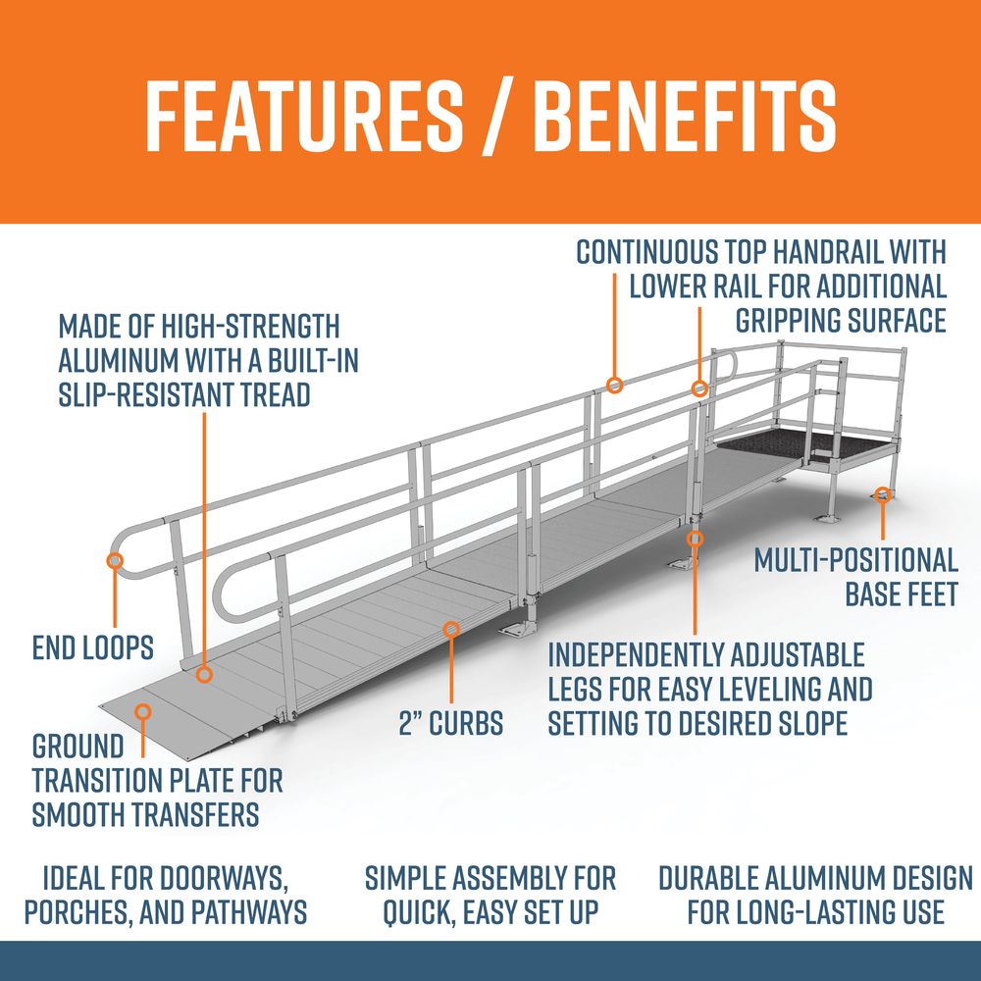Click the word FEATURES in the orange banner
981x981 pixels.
[304, 117]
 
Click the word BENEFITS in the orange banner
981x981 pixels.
[684, 117]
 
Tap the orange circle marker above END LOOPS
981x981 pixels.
[115, 560]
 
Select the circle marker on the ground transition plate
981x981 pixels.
[143, 711]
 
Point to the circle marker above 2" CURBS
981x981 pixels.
[451, 630]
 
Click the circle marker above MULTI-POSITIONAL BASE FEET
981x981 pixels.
[883, 494]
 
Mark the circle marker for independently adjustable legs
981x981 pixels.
[695, 539]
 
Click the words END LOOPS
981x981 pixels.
[92, 647]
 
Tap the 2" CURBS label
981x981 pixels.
[451, 723]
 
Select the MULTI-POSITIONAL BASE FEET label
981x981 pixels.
[855, 577]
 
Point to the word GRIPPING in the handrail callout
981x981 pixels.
[788, 321]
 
